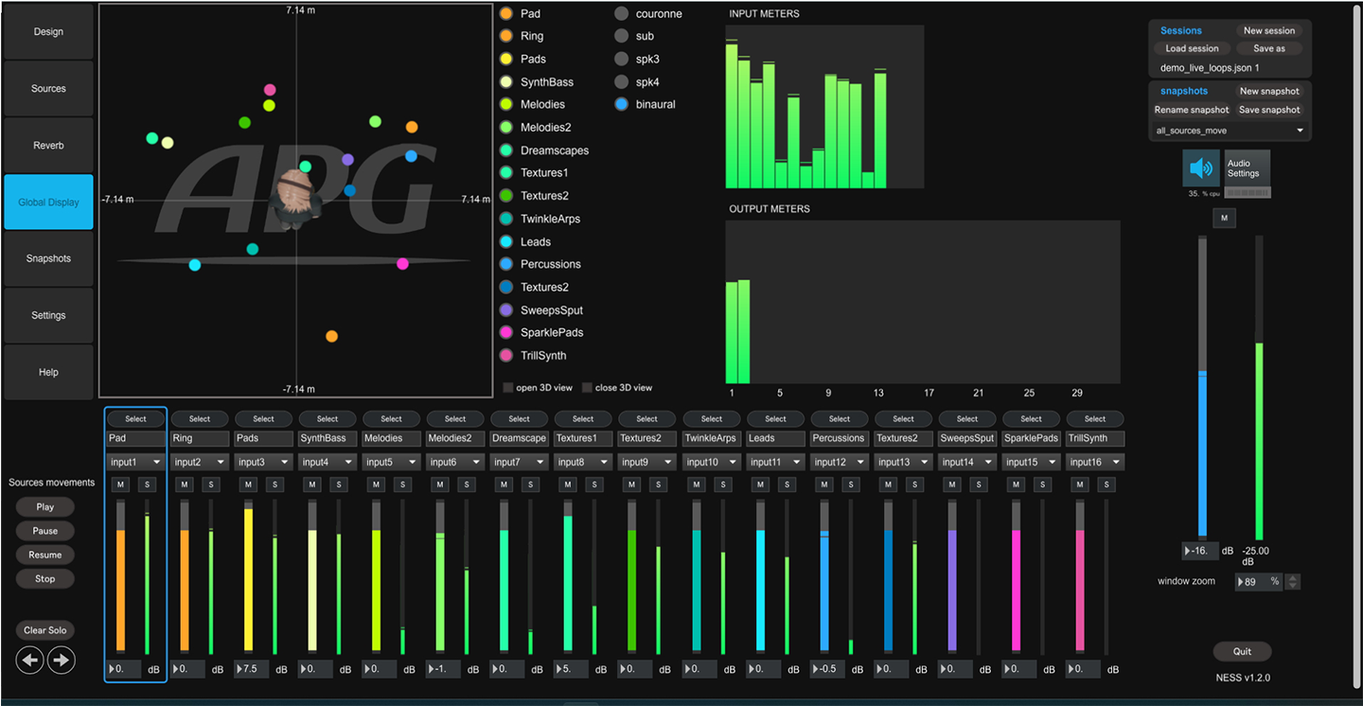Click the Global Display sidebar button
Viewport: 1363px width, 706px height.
pos(48,202)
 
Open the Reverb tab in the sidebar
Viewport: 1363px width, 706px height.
pos(48,145)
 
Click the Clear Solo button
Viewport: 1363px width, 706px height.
pos(45,630)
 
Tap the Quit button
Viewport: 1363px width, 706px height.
pos(1242,651)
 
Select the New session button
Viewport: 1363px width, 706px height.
pos(1268,30)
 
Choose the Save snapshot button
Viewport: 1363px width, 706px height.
pos(1268,110)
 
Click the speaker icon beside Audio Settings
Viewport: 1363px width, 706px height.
pos(1201,168)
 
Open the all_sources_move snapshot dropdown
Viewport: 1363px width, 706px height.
pos(1230,131)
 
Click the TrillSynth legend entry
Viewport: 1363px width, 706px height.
pos(542,356)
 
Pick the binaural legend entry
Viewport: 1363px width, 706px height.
pos(655,104)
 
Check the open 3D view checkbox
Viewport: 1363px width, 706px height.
pos(509,387)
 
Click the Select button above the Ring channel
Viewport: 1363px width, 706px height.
pos(200,418)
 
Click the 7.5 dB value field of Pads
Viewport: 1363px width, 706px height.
pos(250,669)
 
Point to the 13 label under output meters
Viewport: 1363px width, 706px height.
pos(879,393)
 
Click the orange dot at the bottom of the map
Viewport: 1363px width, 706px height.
pos(331,336)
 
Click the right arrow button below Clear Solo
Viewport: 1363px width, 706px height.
pos(62,660)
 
